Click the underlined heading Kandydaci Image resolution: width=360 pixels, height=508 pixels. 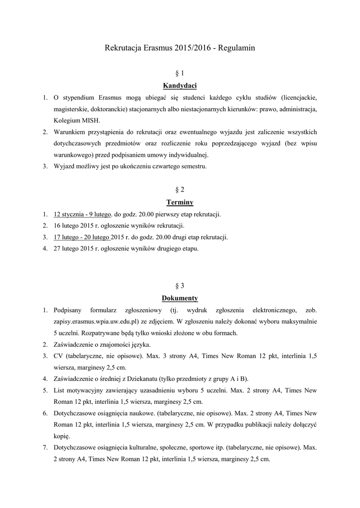click(180, 85)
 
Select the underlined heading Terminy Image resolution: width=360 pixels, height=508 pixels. click(180, 202)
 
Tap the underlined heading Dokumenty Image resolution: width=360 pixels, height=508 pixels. click(180, 298)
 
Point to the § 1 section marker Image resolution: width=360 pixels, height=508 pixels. click(180, 73)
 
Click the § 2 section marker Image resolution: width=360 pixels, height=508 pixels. click(180, 190)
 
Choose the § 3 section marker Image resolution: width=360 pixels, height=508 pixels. click(180, 286)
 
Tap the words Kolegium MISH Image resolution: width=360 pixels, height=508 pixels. click(76, 120)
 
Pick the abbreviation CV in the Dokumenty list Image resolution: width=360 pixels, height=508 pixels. click(58, 356)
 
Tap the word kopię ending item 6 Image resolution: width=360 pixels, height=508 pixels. click(62, 437)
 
